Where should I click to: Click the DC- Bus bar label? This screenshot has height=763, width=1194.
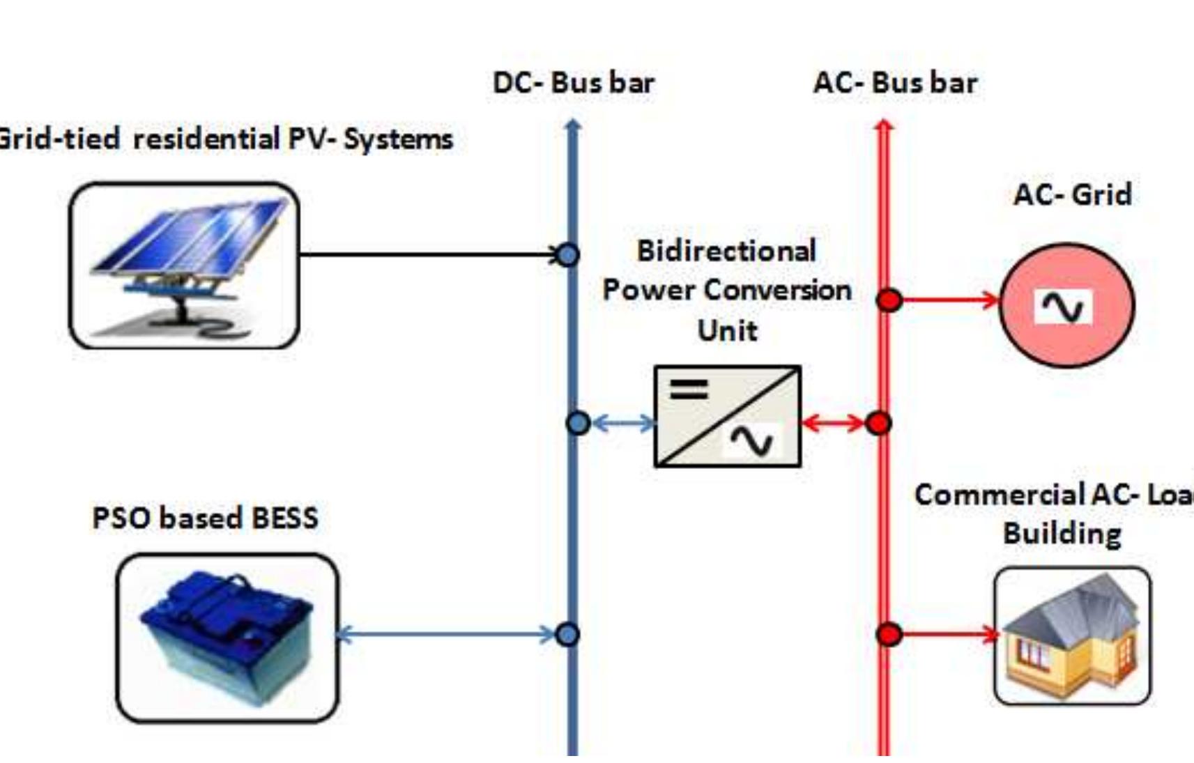(x=573, y=83)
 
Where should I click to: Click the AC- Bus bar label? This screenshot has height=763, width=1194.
(x=895, y=83)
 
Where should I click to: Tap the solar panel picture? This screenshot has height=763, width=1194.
(x=185, y=265)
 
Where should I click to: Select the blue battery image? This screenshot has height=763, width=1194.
(x=227, y=638)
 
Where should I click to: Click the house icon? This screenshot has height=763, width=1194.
(x=1072, y=635)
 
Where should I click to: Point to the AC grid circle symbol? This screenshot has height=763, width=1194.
(x=1066, y=305)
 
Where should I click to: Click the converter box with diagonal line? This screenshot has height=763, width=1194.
(x=727, y=416)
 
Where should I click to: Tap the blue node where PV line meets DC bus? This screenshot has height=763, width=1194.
(x=567, y=255)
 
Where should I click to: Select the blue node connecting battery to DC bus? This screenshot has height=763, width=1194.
(x=567, y=635)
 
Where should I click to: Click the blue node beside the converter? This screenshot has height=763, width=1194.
(x=578, y=423)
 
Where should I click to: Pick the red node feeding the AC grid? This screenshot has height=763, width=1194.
(x=889, y=300)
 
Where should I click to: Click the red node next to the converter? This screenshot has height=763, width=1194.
(x=878, y=423)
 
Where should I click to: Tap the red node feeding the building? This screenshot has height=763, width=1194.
(x=889, y=634)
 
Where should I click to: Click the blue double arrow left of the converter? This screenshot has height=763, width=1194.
(x=622, y=423)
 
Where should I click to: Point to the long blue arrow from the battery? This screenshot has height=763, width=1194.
(x=446, y=635)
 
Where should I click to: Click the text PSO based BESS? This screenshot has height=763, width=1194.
(x=205, y=518)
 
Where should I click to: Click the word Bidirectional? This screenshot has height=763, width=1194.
(x=726, y=252)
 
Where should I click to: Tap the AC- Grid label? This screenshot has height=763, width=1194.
(x=1072, y=194)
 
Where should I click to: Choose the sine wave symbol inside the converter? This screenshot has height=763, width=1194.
(x=751, y=441)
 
